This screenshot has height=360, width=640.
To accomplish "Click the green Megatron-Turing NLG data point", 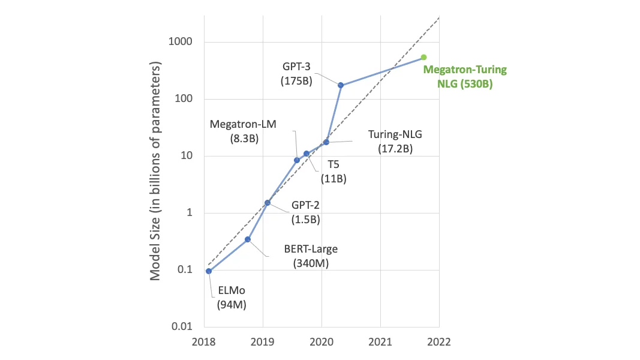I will coord(423,57).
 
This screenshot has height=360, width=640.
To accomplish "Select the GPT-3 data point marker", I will coord(341,85).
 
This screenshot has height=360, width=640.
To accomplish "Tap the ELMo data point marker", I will coord(208,271).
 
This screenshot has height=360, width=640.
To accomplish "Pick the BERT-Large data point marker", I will coord(247,239).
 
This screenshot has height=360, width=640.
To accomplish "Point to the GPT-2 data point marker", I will coord(268,203).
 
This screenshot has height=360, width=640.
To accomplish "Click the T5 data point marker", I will coord(307,154).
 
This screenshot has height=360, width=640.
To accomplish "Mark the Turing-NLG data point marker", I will coord(326,142).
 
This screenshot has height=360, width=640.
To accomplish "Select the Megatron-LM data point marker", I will coord(297,160).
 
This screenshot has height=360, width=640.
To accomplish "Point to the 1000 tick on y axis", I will coord(180,43).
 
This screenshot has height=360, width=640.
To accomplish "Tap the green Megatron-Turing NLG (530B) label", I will coord(465,77).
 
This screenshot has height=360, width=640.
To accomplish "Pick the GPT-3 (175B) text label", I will coord(297,73).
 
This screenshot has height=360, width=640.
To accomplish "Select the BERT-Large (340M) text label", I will coord(310,256).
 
